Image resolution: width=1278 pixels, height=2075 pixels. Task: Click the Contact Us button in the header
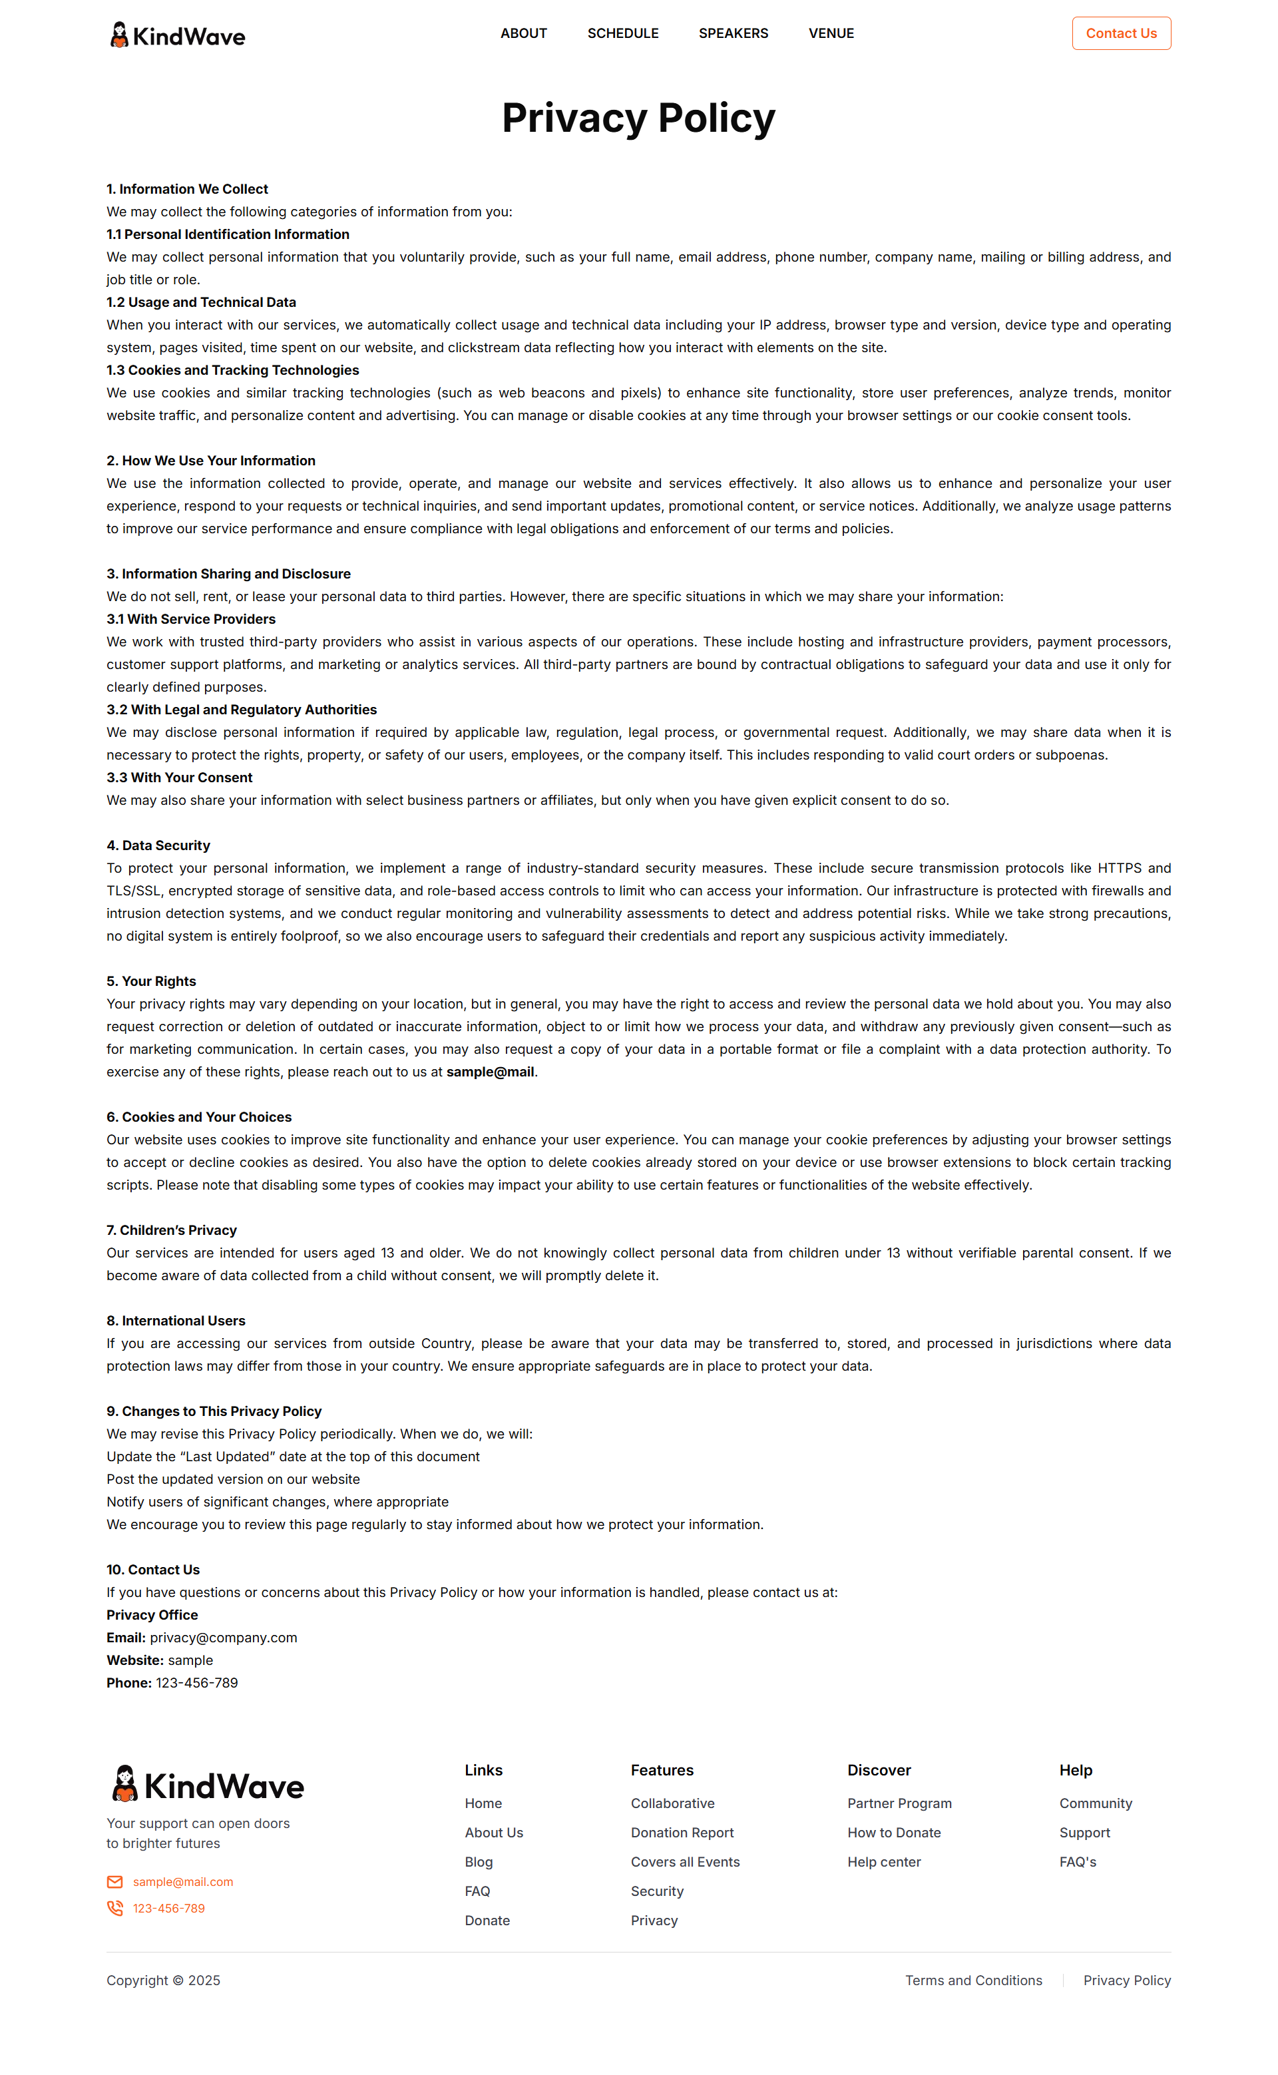(x=1121, y=34)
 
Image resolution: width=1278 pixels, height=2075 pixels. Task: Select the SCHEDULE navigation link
(x=623, y=34)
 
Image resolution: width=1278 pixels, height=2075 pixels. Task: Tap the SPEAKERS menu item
(x=733, y=34)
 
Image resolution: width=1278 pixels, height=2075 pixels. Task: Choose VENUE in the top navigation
(x=831, y=34)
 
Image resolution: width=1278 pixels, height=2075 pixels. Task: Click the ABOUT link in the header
(x=523, y=34)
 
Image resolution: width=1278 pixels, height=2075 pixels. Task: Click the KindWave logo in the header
(x=178, y=35)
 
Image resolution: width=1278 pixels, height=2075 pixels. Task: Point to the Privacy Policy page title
(x=638, y=117)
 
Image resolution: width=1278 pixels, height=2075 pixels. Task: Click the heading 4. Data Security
(x=158, y=845)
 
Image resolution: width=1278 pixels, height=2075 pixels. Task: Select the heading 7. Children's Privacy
(x=172, y=1230)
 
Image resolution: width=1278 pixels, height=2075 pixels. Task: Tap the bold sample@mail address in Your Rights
(x=491, y=1072)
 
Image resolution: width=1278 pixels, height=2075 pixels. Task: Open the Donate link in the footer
(x=487, y=1921)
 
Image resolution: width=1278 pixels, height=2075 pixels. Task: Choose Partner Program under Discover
(x=899, y=1803)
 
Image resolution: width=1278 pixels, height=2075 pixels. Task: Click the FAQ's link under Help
(x=1078, y=1861)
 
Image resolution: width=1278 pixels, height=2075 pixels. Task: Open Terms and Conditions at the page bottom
(x=974, y=1980)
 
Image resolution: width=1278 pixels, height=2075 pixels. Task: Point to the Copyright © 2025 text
(x=163, y=1980)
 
